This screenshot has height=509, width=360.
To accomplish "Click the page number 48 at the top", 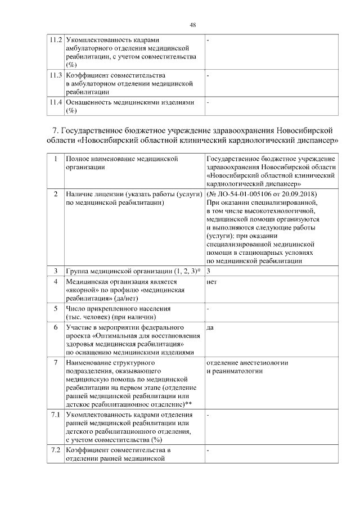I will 192,25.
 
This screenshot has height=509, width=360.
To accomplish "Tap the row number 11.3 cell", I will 55,75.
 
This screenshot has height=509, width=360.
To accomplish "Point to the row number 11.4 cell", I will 55,103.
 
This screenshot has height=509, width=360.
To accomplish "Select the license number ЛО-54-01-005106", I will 246,194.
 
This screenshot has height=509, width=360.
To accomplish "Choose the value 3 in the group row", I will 209,271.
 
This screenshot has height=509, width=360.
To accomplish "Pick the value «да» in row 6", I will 210,327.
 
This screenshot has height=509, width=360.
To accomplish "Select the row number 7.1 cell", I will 55,415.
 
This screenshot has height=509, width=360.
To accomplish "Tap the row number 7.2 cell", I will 55,451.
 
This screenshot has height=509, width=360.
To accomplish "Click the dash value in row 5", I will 208,309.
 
